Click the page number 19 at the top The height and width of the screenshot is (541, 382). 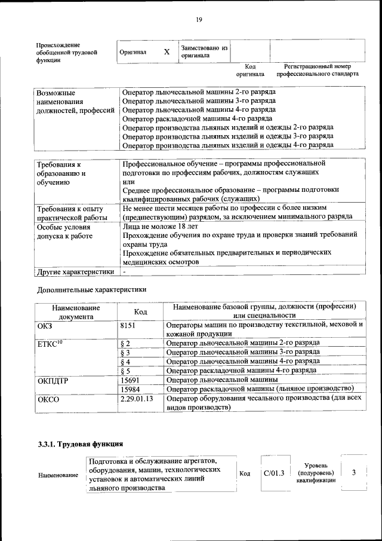(199, 20)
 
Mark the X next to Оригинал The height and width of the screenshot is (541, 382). (167, 52)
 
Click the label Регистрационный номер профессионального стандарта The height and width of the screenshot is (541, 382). (317, 70)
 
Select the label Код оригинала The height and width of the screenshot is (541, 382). (249, 70)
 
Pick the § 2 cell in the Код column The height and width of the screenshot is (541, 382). (125, 343)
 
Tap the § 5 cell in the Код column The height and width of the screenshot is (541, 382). (125, 371)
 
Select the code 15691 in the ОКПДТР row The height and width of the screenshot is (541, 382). (130, 380)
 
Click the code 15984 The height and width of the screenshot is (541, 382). (130, 389)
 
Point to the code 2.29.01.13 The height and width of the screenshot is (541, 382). (137, 399)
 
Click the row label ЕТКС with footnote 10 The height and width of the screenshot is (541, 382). (50, 344)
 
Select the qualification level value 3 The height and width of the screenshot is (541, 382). (354, 473)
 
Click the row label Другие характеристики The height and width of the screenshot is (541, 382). (75, 271)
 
